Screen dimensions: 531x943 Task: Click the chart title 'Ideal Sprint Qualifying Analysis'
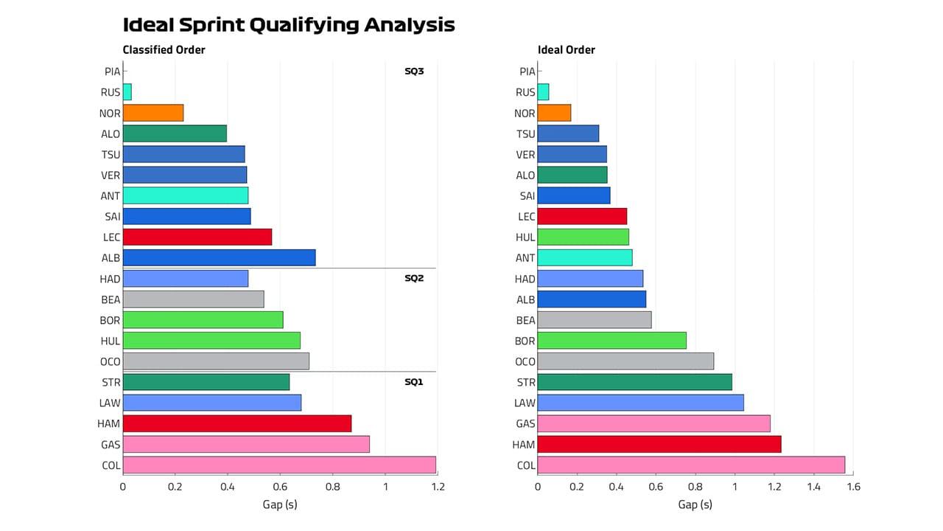point(289,25)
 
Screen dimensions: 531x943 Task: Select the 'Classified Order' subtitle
point(164,50)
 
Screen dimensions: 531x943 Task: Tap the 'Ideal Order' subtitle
point(566,50)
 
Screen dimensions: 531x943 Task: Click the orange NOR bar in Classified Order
point(153,113)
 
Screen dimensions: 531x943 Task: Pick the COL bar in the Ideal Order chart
point(691,465)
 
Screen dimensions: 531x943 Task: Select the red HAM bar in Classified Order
point(237,423)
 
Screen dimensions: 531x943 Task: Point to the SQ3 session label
point(414,72)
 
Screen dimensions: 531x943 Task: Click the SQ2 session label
point(414,278)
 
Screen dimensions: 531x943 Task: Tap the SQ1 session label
point(414,382)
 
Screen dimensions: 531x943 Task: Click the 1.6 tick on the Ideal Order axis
point(852,487)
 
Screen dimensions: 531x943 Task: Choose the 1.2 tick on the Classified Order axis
point(438,487)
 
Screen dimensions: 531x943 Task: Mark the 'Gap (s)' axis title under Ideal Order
point(695,505)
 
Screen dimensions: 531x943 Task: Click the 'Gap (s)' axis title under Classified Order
point(280,505)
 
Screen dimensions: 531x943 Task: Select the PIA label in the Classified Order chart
point(112,72)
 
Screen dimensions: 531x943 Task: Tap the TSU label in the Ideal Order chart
point(526,133)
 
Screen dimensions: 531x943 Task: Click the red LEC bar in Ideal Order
point(582,216)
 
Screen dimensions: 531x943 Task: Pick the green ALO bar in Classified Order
point(175,133)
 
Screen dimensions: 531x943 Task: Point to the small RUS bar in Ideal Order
point(543,92)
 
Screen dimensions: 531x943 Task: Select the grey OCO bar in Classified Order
point(216,361)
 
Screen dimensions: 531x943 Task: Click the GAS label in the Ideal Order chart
point(526,423)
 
